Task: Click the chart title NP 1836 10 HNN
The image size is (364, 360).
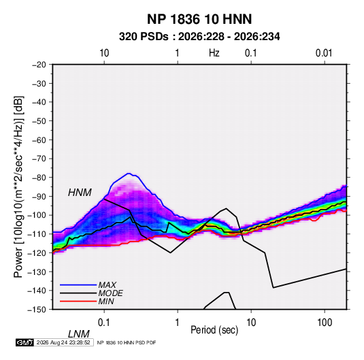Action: coord(199,19)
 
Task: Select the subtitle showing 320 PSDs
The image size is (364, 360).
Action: coord(199,37)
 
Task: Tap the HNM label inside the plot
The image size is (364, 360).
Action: coord(80,193)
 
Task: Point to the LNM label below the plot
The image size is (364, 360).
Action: coord(79,334)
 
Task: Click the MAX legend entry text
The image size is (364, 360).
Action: coord(107,285)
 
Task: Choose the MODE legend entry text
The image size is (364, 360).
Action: coord(110,293)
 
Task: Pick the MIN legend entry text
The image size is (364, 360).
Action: coord(106,301)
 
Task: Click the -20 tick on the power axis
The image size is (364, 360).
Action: coord(39,65)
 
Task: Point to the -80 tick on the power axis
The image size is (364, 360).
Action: coord(39,178)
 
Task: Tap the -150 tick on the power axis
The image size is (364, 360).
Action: coord(37,310)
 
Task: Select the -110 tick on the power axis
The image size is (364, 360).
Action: coord(37,234)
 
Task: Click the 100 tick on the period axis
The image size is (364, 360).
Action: coord(325,323)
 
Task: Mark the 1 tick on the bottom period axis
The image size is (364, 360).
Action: coord(178,323)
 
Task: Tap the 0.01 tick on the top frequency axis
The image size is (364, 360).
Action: coord(324,53)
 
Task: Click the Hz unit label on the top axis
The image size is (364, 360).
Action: coord(214,53)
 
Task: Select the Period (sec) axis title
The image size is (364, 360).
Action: coord(214,330)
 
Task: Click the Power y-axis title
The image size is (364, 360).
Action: coord(18,187)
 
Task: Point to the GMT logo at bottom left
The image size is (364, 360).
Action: coord(25,342)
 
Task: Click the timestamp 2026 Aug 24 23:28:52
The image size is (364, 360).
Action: coord(63,342)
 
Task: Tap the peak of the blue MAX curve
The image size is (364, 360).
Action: coord(129,174)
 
